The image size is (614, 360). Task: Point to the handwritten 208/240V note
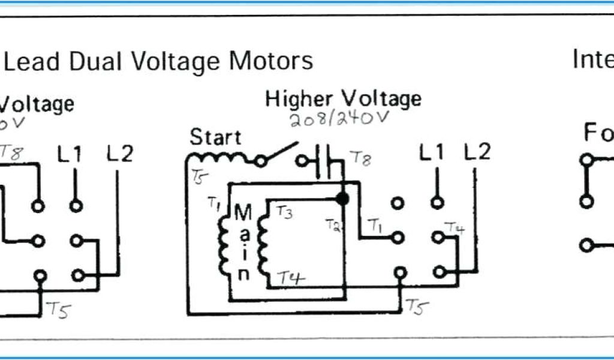point(339,119)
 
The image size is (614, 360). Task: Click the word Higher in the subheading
point(303,99)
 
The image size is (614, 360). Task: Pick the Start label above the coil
point(216,137)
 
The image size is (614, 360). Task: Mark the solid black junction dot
point(342,198)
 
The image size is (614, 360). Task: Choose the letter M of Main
point(243,212)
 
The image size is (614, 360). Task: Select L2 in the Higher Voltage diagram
point(477,152)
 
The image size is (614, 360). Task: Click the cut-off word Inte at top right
point(592,59)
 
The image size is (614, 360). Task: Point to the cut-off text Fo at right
point(598,133)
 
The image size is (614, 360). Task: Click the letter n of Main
point(243,274)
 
